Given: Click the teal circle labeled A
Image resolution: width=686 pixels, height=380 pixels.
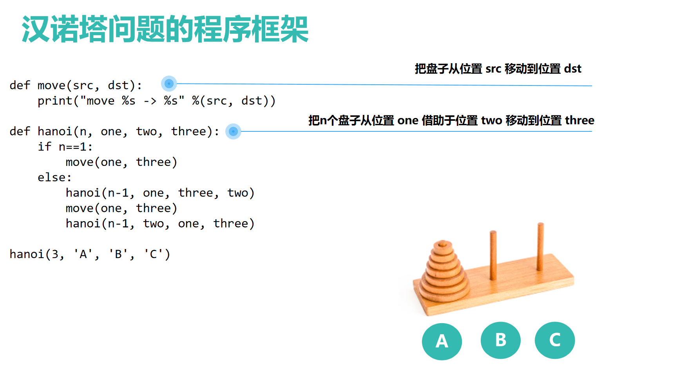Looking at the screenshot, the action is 442,341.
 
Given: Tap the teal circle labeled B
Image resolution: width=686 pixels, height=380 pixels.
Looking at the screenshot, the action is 500,340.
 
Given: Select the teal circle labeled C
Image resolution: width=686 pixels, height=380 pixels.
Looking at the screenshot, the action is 555,340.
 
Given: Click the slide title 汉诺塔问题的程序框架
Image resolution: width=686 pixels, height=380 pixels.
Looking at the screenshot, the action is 165,29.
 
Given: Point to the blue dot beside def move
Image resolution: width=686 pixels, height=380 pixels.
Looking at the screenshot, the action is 169,84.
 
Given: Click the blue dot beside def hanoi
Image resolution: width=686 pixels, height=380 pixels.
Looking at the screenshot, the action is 233,131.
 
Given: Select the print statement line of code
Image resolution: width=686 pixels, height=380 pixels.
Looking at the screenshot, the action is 157,101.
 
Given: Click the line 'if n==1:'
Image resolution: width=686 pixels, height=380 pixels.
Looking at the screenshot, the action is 65,147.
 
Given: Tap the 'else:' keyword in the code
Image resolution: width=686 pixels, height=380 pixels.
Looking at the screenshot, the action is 54,177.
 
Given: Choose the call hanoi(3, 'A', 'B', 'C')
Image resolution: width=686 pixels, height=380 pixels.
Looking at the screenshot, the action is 90,254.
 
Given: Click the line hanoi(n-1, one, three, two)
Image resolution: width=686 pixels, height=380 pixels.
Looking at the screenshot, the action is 160,193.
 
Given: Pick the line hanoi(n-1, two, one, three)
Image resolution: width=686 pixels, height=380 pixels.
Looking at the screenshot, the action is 160,224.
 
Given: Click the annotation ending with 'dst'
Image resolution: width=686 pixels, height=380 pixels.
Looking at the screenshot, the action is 498,69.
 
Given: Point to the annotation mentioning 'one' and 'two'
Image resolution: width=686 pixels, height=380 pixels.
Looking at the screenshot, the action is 451,120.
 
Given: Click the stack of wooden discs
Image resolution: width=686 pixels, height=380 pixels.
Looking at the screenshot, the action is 445,271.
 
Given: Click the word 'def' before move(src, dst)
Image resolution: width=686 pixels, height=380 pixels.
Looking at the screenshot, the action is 20,85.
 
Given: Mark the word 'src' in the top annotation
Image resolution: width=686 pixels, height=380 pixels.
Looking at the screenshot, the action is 493,69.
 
